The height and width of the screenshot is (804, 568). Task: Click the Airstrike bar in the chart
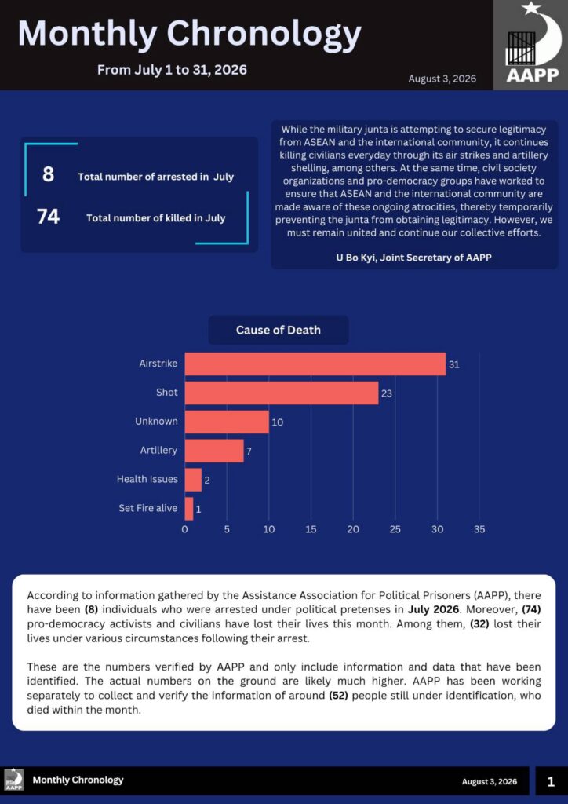(x=315, y=364)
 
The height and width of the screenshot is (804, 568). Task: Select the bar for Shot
(x=282, y=393)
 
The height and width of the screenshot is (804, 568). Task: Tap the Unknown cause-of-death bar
(x=227, y=422)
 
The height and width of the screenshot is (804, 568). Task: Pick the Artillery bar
(x=214, y=451)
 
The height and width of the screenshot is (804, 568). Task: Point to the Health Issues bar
(x=193, y=480)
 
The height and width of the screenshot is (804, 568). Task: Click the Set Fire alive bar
(x=189, y=509)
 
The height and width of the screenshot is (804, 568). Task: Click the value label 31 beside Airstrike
(x=453, y=365)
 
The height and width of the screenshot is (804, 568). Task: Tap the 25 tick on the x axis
(x=395, y=530)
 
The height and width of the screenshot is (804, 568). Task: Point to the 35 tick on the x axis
(x=479, y=530)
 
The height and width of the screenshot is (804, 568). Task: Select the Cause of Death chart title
(x=278, y=331)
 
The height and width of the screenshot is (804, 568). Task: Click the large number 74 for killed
(x=48, y=217)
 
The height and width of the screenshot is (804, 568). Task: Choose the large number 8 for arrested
(x=48, y=175)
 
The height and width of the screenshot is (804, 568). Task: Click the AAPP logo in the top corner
(x=530, y=45)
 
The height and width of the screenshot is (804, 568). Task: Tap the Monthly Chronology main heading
(x=190, y=34)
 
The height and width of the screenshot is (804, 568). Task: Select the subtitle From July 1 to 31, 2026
(x=172, y=70)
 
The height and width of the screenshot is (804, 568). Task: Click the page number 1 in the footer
(x=551, y=781)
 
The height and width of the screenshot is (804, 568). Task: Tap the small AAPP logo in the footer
(x=14, y=780)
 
